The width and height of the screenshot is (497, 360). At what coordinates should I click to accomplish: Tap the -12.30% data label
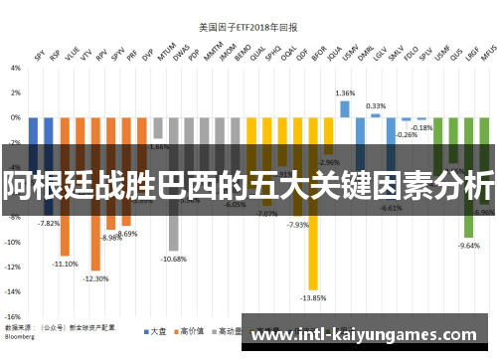click(95, 278)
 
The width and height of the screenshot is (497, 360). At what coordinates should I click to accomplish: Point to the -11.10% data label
click(66, 264)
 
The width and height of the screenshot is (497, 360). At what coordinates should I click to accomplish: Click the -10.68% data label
click(173, 259)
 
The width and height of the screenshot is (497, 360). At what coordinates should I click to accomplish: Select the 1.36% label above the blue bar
click(345, 92)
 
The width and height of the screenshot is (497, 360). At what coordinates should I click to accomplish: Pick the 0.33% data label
click(376, 105)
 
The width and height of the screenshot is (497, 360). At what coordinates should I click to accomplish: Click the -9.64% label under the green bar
click(467, 246)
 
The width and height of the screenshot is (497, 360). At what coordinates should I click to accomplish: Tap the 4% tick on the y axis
click(15, 69)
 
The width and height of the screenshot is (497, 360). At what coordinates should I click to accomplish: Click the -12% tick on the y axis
click(13, 267)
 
